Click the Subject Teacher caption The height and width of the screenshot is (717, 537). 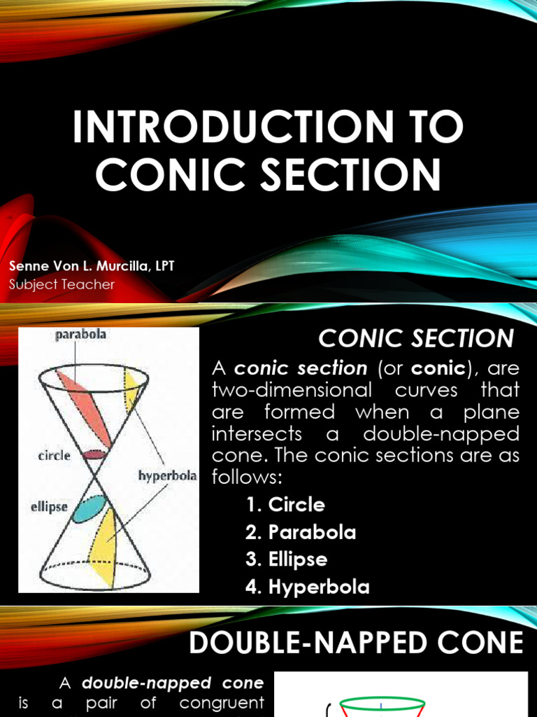tap(62, 284)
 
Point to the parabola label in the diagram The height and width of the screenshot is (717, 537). tap(82, 335)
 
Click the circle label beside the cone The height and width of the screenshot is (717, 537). tap(54, 456)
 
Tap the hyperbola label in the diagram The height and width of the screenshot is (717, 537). tap(167, 476)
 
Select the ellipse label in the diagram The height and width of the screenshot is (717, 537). tap(48, 506)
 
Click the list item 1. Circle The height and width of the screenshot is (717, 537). tap(285, 505)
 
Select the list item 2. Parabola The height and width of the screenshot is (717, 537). tap(301, 532)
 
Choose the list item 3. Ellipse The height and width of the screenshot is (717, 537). tap(287, 559)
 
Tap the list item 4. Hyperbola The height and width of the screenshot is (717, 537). tap(308, 587)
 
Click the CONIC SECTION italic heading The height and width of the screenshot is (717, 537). tap(417, 339)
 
